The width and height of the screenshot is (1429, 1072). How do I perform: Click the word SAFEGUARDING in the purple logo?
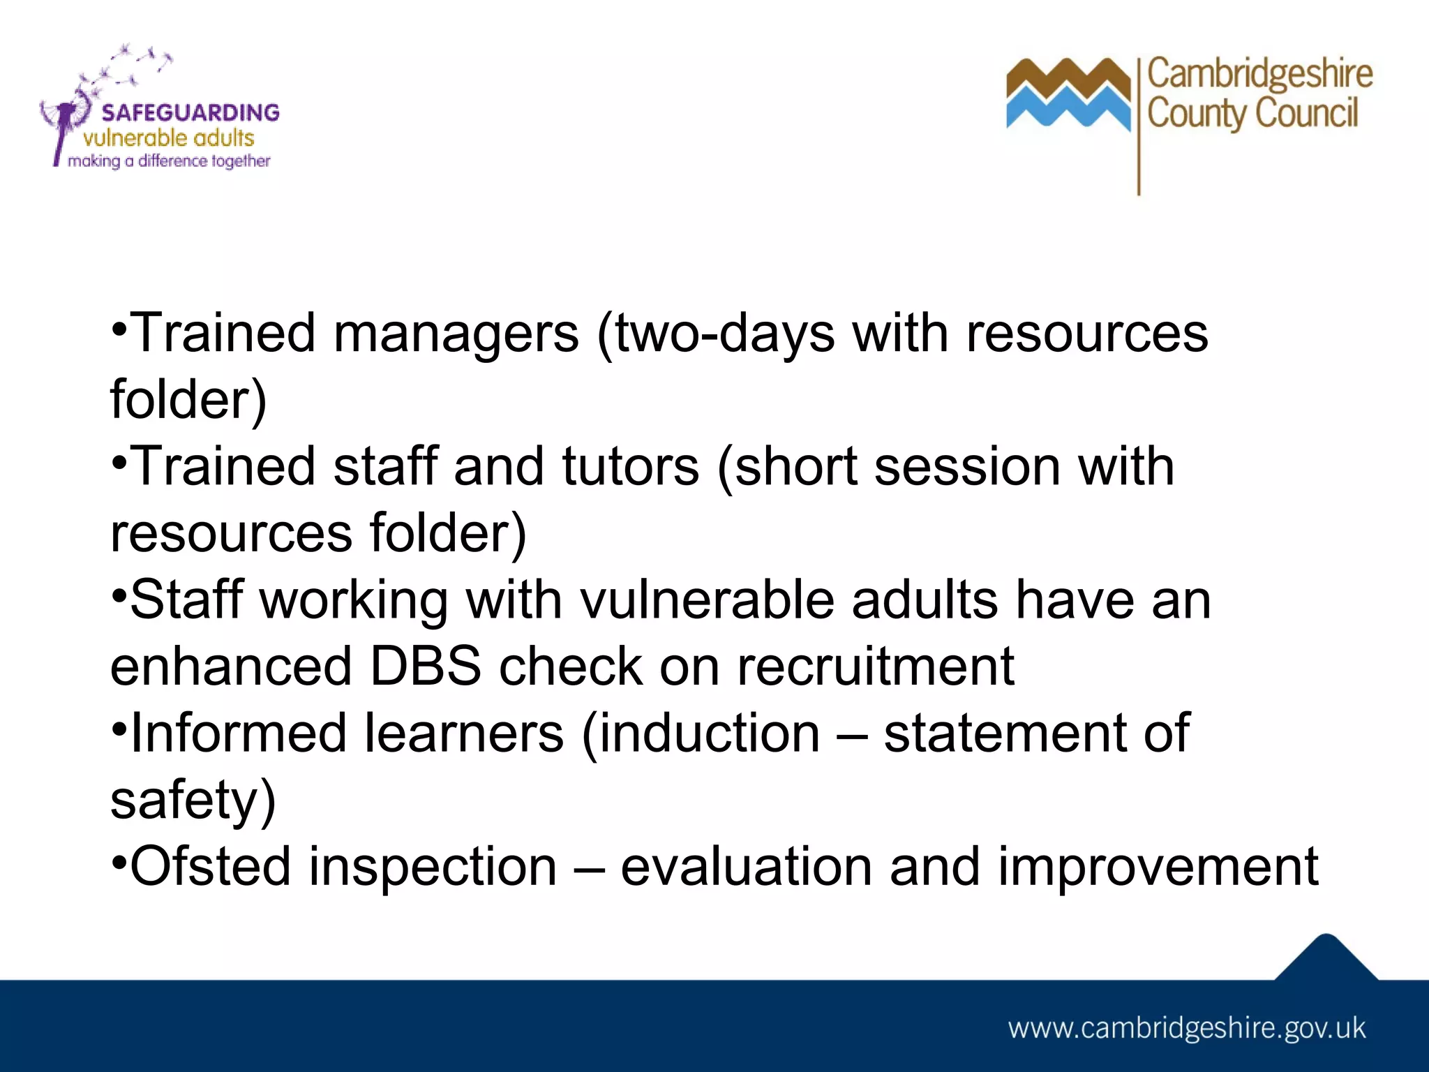pyautogui.click(x=190, y=112)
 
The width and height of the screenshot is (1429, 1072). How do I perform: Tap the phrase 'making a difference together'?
pyautogui.click(x=169, y=161)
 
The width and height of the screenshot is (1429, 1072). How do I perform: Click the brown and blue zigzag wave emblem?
pyautogui.click(x=1068, y=94)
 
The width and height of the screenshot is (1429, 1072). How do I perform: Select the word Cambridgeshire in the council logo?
pyautogui.click(x=1259, y=74)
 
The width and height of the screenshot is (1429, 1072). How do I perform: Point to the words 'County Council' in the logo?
pyautogui.click(x=1252, y=113)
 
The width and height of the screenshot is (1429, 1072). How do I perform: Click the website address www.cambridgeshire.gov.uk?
pyautogui.click(x=1186, y=1028)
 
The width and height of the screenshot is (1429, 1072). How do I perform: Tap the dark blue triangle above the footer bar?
pyautogui.click(x=1326, y=960)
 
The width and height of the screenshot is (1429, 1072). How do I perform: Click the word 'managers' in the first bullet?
pyautogui.click(x=456, y=333)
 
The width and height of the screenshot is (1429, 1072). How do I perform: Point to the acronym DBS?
pyautogui.click(x=425, y=666)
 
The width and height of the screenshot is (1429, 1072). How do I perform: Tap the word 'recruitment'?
pyautogui.click(x=875, y=666)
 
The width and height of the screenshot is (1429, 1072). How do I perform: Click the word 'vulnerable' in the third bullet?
pyautogui.click(x=707, y=600)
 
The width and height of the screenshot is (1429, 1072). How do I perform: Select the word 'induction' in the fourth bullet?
pyautogui.click(x=709, y=733)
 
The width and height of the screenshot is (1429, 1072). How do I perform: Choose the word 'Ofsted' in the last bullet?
pyautogui.click(x=210, y=866)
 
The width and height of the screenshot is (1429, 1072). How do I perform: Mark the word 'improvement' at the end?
pyautogui.click(x=1158, y=866)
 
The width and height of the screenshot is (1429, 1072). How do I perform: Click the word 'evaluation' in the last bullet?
pyautogui.click(x=746, y=866)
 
